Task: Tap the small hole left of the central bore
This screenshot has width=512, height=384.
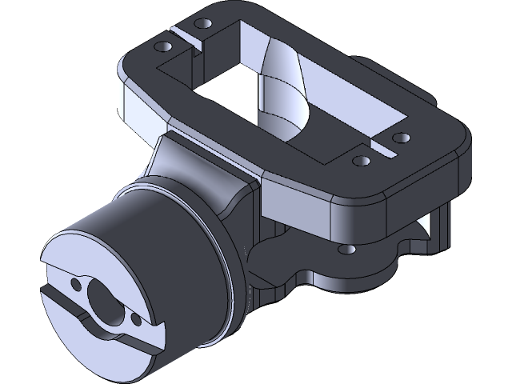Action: pos(76,284)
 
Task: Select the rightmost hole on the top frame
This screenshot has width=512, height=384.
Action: pos(401,137)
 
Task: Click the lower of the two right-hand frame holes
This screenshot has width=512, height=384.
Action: pos(362,161)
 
